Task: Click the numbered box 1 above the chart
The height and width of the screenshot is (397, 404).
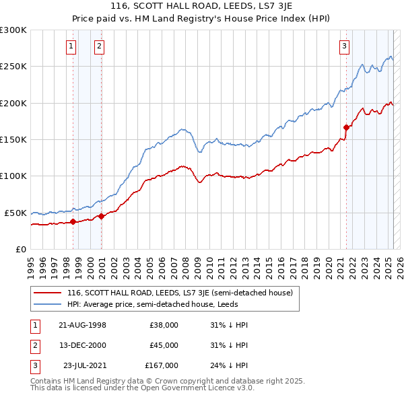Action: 71,46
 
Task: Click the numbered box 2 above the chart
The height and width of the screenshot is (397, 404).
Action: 99,46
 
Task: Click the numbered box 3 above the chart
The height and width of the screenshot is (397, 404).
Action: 344,46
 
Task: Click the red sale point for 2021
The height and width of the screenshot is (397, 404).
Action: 346,127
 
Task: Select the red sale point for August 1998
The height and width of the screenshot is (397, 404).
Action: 73,221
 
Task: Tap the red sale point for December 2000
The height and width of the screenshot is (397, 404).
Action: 101,216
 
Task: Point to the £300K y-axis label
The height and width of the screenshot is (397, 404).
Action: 13,30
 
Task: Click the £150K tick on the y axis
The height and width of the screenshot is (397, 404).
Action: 13,139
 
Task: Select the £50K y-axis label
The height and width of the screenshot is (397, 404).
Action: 15,213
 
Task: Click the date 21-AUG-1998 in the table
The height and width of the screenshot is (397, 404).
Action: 82,324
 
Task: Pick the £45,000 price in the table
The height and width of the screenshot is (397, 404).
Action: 164,345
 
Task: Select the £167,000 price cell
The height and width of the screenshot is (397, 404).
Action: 162,366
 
